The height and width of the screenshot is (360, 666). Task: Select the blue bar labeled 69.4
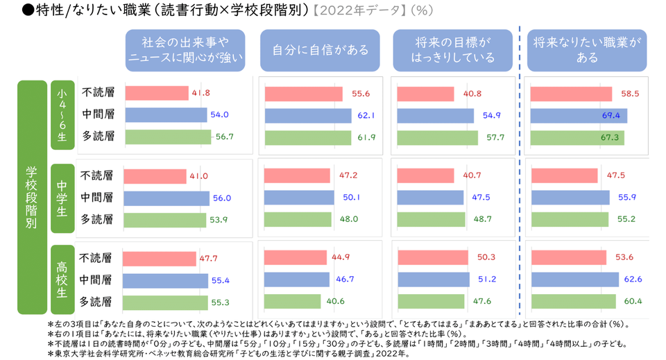579,116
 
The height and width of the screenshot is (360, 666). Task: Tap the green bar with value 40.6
292,301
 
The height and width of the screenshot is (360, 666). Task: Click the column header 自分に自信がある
320,51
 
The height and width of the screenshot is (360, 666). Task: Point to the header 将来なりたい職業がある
587,51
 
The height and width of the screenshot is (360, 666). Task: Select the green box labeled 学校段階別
31,198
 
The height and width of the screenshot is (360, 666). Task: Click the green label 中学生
62,198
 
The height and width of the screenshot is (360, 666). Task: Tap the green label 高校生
62,280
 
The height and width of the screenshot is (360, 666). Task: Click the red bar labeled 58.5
571,94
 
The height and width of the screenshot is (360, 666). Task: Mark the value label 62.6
631,280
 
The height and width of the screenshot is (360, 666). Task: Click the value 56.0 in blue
222,198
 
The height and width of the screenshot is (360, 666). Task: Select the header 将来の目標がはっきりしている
453,51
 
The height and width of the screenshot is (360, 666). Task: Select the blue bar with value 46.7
296,280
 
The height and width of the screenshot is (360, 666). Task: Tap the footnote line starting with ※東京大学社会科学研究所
229,354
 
